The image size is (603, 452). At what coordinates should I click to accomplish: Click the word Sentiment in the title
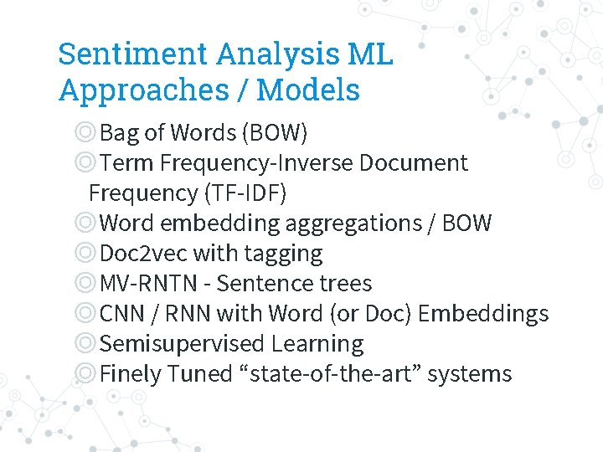(133, 54)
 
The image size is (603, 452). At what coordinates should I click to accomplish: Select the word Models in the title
(308, 90)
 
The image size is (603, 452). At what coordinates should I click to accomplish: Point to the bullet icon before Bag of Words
(85, 132)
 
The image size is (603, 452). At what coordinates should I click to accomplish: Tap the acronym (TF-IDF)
(245, 193)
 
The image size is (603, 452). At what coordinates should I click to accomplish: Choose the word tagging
(285, 253)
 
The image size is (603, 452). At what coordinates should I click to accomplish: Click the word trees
(344, 283)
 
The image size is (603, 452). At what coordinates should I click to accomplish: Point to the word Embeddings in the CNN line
(483, 313)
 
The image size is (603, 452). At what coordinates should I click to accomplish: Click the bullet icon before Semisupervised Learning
(85, 343)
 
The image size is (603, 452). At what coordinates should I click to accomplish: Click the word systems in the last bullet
(470, 373)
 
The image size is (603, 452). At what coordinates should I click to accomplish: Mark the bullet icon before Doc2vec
(85, 253)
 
